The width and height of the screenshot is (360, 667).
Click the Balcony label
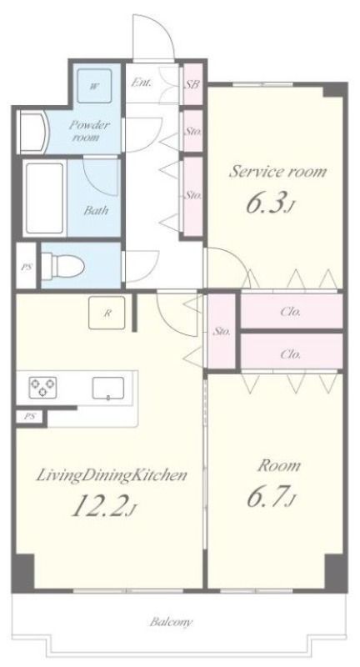pyautogui.click(x=171, y=622)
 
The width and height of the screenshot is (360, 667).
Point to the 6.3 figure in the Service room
pyautogui.click(x=270, y=203)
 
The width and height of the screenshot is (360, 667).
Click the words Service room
pyautogui.click(x=278, y=172)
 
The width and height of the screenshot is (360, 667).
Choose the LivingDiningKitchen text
pyautogui.click(x=112, y=474)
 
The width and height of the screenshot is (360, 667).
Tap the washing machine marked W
pyautogui.click(x=94, y=86)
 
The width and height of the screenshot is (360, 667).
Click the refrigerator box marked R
pyautogui.click(x=107, y=313)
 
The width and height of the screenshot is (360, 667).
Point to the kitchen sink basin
pyautogui.click(x=108, y=388)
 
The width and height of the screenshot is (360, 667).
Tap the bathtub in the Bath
pyautogui.click(x=45, y=198)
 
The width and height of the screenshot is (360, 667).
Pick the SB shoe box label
pyautogui.click(x=192, y=84)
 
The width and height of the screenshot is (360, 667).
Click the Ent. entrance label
pyautogui.click(x=142, y=83)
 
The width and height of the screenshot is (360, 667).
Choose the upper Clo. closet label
pyautogui.click(x=291, y=312)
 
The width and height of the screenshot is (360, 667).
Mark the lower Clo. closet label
pyautogui.click(x=291, y=354)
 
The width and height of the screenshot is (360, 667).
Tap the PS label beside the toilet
pyautogui.click(x=27, y=268)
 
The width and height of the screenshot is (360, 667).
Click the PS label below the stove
pyautogui.click(x=29, y=416)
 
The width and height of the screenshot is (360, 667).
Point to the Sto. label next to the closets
pyautogui.click(x=222, y=331)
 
